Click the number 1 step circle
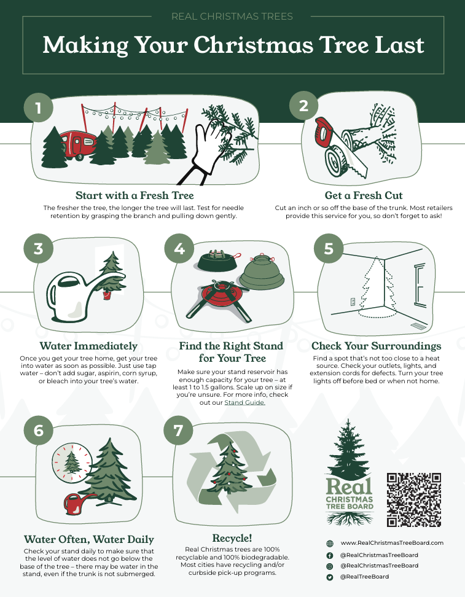coord(38,107)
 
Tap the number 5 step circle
coord(328,249)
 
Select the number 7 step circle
coord(178,430)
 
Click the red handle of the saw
coord(324,131)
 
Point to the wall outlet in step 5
coord(353,302)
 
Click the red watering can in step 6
coord(78,504)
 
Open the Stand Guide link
coord(244,402)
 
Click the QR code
coord(414,499)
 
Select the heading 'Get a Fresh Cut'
coord(363,195)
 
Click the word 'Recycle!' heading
coord(232,538)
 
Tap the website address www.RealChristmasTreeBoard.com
coord(392,543)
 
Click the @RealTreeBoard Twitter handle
coord(364,577)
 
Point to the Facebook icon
coord(330,555)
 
